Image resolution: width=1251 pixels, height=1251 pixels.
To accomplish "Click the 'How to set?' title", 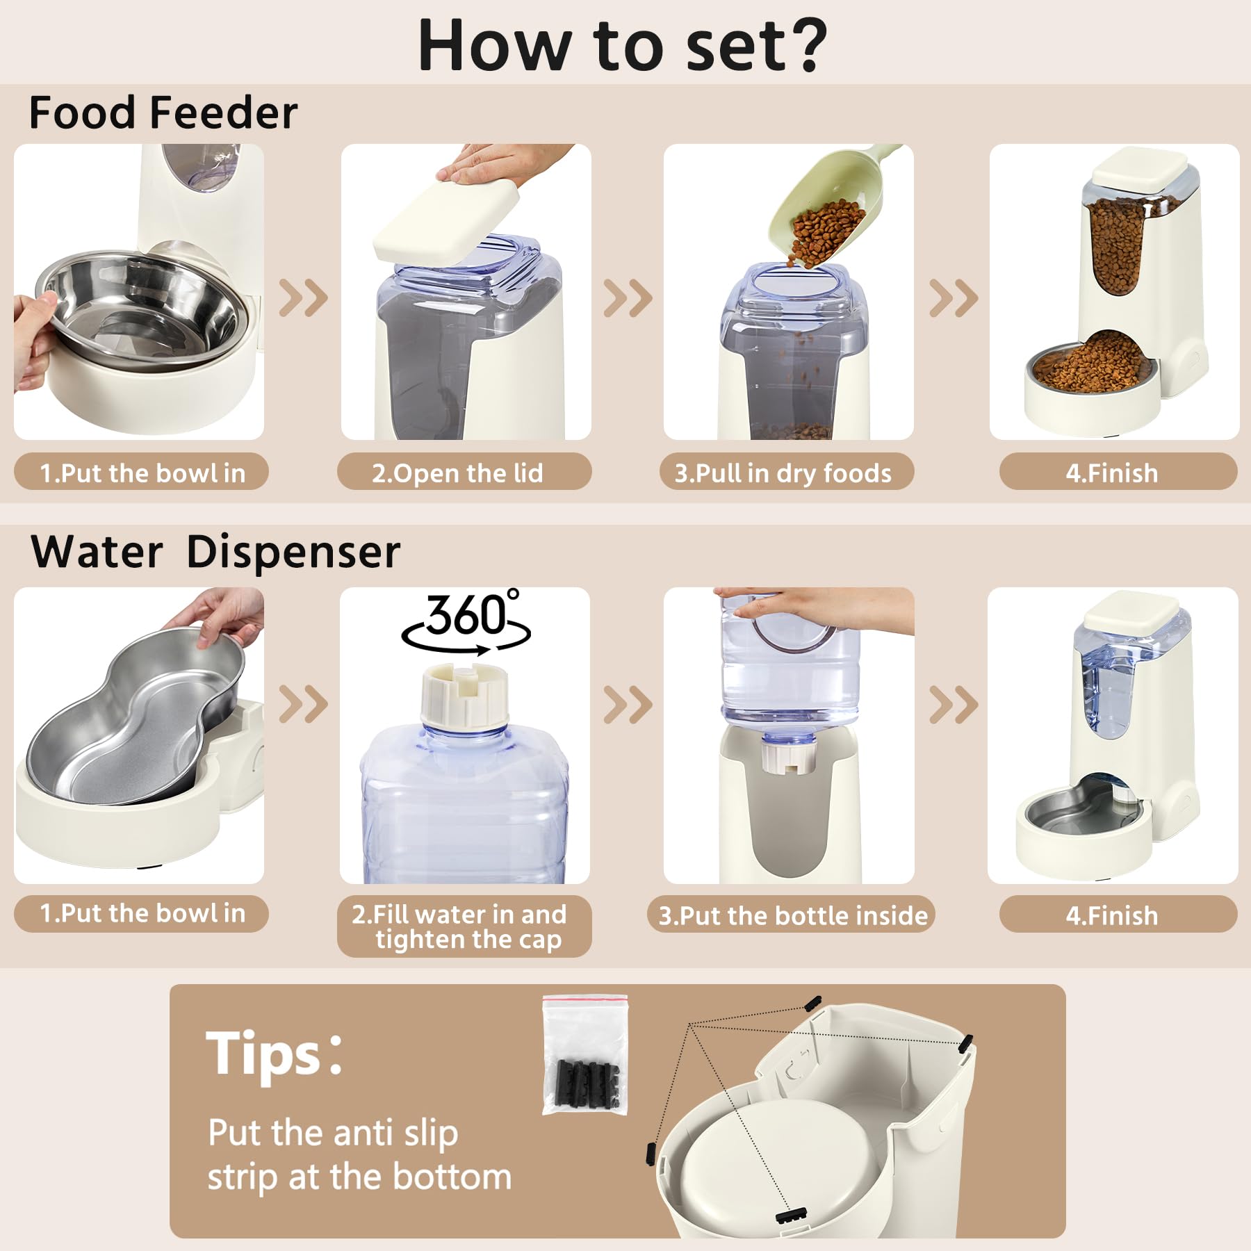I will point(622,45).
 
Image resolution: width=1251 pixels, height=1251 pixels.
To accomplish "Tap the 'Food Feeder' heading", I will point(163,113).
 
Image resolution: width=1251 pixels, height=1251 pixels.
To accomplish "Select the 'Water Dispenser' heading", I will point(215,552).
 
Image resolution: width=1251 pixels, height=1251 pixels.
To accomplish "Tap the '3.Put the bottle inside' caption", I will point(792,915).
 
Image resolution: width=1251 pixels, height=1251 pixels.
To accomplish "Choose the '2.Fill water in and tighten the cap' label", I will point(464,926).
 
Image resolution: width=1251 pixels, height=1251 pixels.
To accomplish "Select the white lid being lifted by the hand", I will point(447,219).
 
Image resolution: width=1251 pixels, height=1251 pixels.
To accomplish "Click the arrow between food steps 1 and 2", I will point(303,298).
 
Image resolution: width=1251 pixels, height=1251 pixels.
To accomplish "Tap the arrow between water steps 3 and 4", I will point(953,704).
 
